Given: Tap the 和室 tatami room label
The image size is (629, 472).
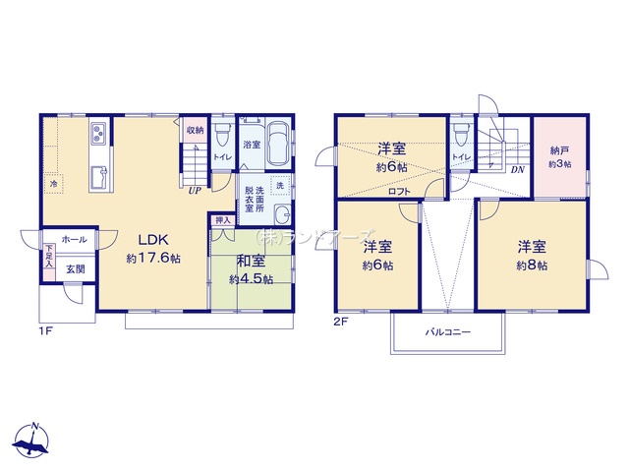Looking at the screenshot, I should pos(250,262).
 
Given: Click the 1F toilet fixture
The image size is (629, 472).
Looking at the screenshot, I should pos(221,133).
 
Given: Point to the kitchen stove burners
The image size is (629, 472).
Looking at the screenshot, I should pos(100,135).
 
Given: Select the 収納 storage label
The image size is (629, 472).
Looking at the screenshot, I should pos(195,129).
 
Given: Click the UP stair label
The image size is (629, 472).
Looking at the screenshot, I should pos(196,191).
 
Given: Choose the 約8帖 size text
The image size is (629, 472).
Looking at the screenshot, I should pos(529,266).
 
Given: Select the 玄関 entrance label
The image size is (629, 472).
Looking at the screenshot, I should pos(75,268).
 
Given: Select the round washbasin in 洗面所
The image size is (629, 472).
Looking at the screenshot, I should pos(282,215).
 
